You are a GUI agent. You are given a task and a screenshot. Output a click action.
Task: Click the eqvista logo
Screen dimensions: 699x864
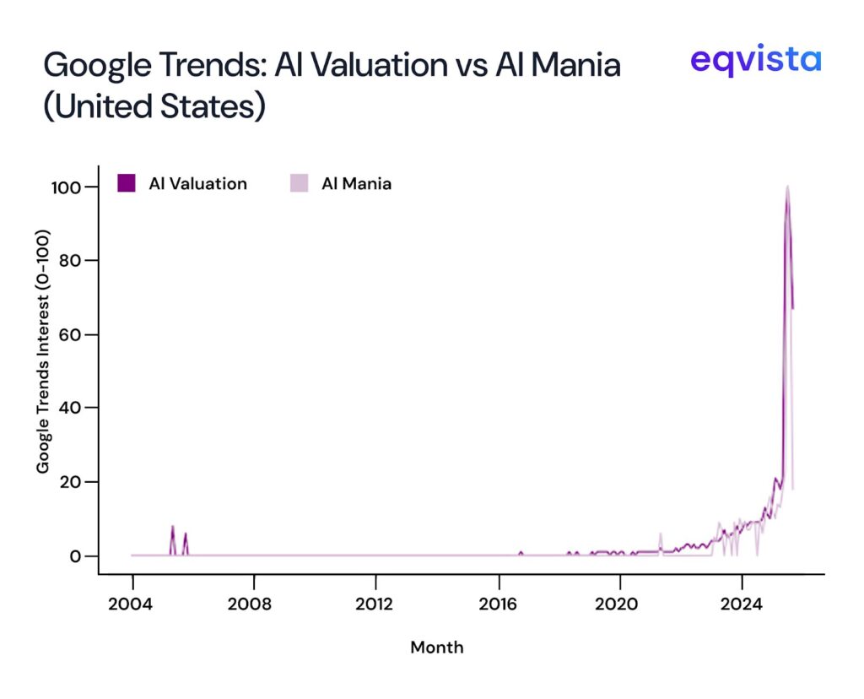[755, 60]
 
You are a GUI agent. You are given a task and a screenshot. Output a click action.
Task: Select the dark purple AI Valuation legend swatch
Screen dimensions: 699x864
[126, 183]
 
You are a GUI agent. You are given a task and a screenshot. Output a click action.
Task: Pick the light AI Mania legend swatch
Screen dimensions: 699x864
[299, 183]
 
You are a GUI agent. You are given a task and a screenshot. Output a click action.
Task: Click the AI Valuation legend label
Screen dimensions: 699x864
[197, 183]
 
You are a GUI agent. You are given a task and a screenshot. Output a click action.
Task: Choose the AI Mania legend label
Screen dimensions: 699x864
[356, 183]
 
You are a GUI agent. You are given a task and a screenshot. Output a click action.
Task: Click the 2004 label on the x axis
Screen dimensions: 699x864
[132, 605]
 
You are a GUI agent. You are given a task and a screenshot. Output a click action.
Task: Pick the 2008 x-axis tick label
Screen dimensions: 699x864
[254, 605]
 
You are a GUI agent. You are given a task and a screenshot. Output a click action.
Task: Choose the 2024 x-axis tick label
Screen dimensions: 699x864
[742, 605]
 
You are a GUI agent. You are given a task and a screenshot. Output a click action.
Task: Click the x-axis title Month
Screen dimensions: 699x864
[436, 648]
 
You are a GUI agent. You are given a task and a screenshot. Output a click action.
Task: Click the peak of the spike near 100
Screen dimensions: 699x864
[787, 187]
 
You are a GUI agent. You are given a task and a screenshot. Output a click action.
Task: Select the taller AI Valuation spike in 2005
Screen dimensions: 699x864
[173, 527]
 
